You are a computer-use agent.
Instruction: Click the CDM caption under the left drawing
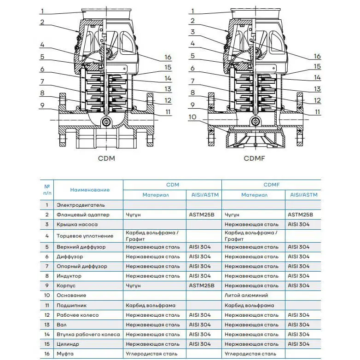click(x=106, y=158)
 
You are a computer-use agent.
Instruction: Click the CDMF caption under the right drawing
click(x=254, y=158)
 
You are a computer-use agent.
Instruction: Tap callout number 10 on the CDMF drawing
click(x=192, y=117)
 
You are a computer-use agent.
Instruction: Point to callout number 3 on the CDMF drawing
click(x=192, y=32)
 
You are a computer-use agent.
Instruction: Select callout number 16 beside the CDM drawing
click(x=168, y=57)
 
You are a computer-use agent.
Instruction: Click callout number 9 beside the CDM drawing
click(x=42, y=105)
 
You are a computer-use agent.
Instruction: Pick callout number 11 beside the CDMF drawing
click(x=317, y=112)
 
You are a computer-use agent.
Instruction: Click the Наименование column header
click(x=90, y=190)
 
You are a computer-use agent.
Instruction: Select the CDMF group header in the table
click(x=271, y=185)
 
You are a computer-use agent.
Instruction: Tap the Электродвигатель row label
click(x=81, y=205)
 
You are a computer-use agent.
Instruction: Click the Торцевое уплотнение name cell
click(x=85, y=236)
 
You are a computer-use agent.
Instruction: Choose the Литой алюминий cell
click(x=246, y=295)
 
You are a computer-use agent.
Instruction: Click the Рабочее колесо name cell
click(x=78, y=315)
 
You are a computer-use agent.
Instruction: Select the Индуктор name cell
click(x=69, y=276)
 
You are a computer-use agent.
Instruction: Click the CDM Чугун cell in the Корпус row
click(x=133, y=285)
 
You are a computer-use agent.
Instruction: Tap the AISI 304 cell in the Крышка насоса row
click(x=298, y=224)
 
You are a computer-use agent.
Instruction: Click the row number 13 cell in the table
click(x=47, y=325)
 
